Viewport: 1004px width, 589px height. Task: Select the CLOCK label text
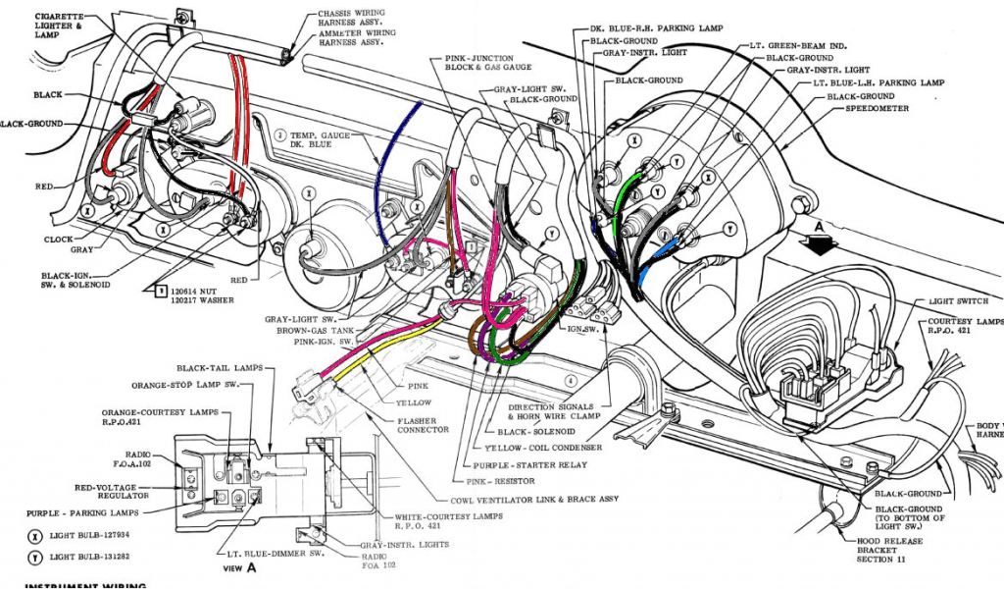click(59, 239)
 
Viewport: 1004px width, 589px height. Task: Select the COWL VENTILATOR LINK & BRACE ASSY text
click(534, 500)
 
